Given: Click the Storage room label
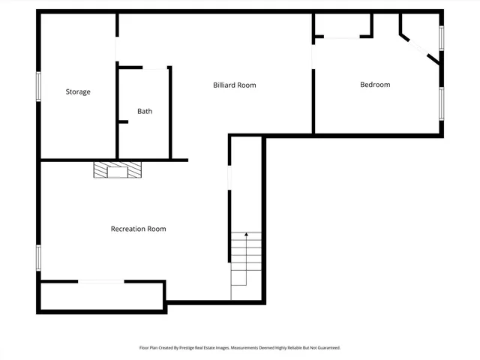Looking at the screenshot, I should click(x=78, y=91).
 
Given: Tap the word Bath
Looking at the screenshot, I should click(x=145, y=111).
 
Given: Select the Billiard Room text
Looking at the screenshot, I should click(x=235, y=85).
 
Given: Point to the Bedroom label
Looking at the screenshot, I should click(x=375, y=84).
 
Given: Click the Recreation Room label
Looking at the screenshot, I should click(x=138, y=229).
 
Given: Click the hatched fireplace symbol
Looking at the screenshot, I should click(x=118, y=169).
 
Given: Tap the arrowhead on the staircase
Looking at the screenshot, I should click(x=246, y=235).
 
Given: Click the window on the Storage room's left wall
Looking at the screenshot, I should click(x=39, y=85).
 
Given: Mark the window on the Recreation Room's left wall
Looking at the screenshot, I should click(x=39, y=257).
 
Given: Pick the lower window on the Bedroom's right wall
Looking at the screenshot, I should click(x=442, y=103).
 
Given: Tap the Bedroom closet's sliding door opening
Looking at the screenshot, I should click(x=342, y=37).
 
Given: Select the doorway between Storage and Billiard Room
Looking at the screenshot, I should click(x=116, y=49).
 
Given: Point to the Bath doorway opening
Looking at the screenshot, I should click(x=155, y=68).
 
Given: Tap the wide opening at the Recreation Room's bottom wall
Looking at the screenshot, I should click(x=100, y=281).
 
